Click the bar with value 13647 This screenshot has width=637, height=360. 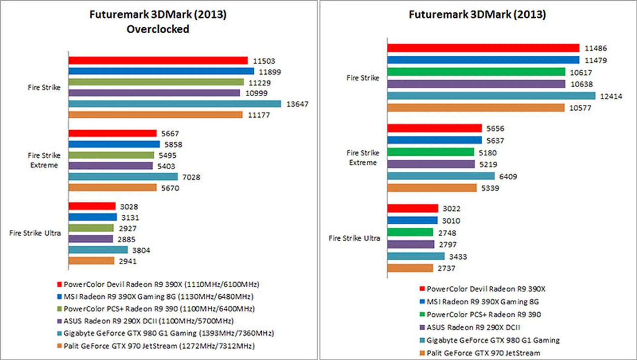pos(175,104)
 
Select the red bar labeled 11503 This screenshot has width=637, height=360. pos(158,60)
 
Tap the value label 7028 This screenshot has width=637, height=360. pos(191,177)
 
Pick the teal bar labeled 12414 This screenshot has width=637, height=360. pos(491,96)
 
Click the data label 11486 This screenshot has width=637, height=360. pos(596,48)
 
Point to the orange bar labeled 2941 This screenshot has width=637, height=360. pos(91,261)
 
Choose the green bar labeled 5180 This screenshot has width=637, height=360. pos(430,152)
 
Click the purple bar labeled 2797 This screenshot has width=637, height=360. pos(410,245)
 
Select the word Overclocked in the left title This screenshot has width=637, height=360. pos(158,29)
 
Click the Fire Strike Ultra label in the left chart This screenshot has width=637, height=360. pos(35,233)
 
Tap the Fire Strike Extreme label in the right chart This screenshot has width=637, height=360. pos(363,158)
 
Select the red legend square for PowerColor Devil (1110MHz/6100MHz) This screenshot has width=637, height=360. pos(59,284)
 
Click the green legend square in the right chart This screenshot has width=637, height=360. pos(422,314)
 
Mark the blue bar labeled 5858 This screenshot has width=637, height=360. pos(114,144)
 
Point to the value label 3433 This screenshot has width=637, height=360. pos(458,257)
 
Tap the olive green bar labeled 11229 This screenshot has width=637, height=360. pos(156,82)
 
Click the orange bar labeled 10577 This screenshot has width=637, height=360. pos(475,108)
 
